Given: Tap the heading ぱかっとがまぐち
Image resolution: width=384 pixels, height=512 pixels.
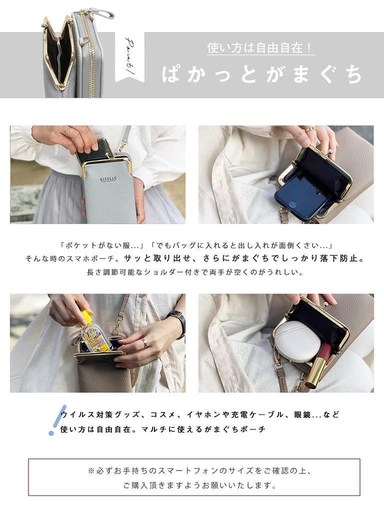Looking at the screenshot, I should (x=261, y=74).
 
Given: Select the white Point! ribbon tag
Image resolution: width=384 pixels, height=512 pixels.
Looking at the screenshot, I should (x=129, y=57).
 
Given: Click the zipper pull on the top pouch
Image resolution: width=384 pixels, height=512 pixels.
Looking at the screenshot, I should (x=104, y=13).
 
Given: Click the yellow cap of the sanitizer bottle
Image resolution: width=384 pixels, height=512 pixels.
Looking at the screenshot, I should (x=86, y=316).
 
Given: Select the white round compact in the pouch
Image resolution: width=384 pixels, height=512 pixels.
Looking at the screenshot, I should (x=297, y=341).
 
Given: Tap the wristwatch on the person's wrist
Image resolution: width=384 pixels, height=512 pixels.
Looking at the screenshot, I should (x=177, y=318).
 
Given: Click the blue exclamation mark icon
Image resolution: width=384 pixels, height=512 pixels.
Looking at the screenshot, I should (x=57, y=420).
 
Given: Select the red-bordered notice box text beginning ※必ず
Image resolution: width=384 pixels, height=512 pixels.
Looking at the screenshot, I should (x=193, y=471).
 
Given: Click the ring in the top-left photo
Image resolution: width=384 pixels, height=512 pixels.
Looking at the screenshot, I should (x=67, y=131).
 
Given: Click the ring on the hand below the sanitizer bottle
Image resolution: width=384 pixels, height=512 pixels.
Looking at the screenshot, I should (x=144, y=342).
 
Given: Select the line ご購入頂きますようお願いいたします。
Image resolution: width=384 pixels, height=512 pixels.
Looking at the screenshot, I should (x=199, y=485).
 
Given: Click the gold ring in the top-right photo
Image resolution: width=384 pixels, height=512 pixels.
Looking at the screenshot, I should (x=310, y=129).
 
